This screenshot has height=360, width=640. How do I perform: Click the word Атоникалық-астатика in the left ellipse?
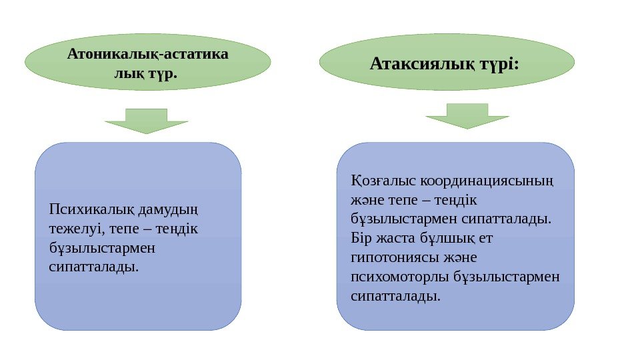click(x=147, y=53)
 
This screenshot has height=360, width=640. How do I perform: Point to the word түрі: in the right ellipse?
click(x=499, y=64)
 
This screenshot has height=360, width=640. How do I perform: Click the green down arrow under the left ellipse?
click(x=147, y=121)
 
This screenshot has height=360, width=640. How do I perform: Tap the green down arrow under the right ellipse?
click(x=467, y=115)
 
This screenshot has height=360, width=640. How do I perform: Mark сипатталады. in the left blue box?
click(x=95, y=267)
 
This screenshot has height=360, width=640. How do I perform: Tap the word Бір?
click(x=360, y=238)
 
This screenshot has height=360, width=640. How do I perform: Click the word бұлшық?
click(x=444, y=238)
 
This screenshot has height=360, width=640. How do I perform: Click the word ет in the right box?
click(x=485, y=238)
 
